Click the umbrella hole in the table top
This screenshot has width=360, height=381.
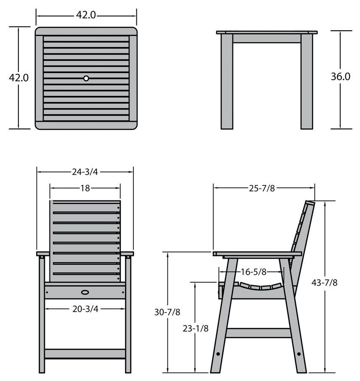[x=86, y=78]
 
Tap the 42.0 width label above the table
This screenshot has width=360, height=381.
[x=86, y=15]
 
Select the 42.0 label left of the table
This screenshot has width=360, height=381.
[x=19, y=78]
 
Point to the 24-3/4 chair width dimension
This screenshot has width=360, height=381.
[x=85, y=171]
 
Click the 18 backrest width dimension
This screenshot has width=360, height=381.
[x=85, y=188]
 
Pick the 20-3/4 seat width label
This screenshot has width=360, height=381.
[x=85, y=309]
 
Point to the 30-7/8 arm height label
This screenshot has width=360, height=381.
[x=167, y=312]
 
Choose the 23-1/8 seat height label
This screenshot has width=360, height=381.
[x=196, y=328]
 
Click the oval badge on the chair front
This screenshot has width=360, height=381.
[x=85, y=291]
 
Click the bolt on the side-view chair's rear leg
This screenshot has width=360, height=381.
[x=299, y=354]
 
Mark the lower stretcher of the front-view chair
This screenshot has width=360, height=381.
[x=85, y=353]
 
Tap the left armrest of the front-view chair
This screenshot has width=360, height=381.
[x=43, y=254]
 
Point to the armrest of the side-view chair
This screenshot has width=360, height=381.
[x=257, y=254]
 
